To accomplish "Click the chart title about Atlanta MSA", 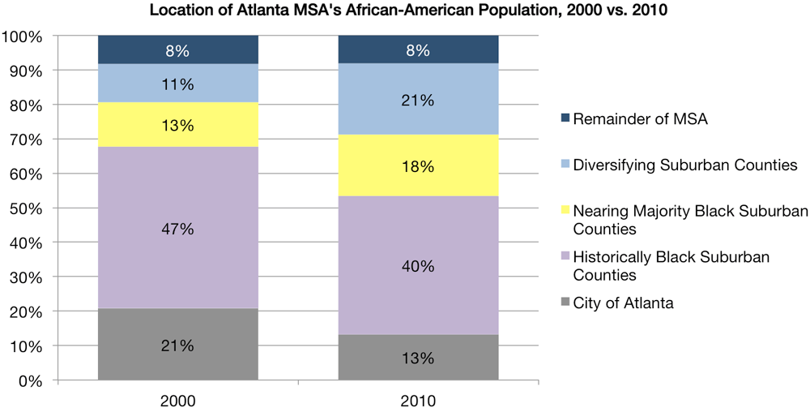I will click(405, 11).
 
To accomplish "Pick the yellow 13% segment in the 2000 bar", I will click(177, 124).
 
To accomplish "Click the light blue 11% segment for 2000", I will click(177, 83).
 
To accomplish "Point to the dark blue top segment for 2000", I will click(177, 50).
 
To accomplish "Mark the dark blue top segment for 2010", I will click(418, 50).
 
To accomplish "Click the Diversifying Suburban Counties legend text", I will click(685, 165).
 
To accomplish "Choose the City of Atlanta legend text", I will click(623, 303).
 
